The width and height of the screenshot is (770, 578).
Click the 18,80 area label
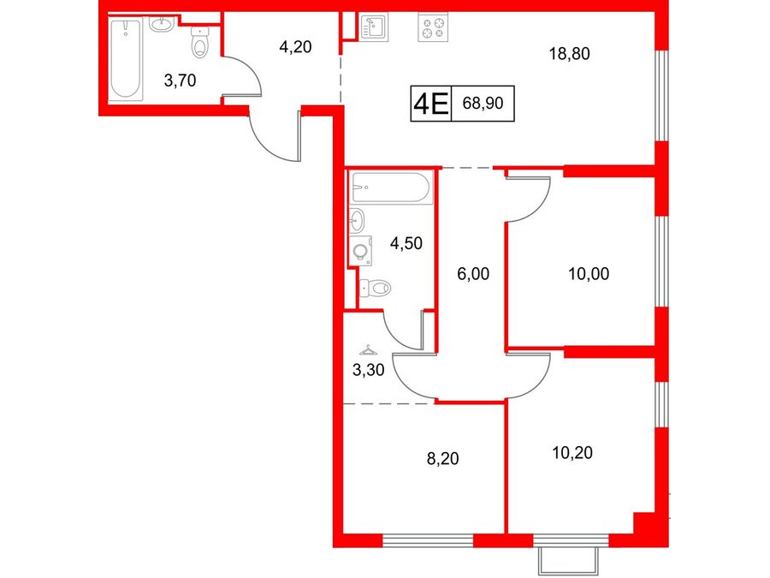tap(569, 54)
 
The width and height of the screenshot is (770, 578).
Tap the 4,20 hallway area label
tap(295, 47)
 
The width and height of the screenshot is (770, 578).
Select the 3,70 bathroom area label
tap(180, 80)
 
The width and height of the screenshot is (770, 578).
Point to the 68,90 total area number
tap(483, 104)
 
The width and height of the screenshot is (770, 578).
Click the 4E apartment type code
tap(430, 104)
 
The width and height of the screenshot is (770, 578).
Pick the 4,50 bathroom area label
tap(406, 243)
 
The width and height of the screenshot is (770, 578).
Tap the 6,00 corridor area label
tap(473, 274)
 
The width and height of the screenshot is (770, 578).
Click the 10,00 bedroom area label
tap(589, 274)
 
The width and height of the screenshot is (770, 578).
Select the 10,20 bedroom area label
tap(572, 453)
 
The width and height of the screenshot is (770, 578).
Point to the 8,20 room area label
tap(442, 459)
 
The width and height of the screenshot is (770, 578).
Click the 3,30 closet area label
tap(368, 370)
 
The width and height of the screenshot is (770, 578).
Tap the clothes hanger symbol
tap(368, 350)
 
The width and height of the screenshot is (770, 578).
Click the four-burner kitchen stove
tap(433, 27)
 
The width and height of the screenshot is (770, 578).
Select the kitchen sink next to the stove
tap(374, 27)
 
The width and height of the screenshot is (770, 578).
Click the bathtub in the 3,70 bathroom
tap(126, 59)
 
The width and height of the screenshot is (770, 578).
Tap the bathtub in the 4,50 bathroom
tap(392, 188)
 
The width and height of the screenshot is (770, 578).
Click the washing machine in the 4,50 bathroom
tap(360, 251)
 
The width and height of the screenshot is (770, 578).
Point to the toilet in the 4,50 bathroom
tap(376, 288)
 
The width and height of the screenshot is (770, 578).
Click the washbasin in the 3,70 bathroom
tap(161, 24)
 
